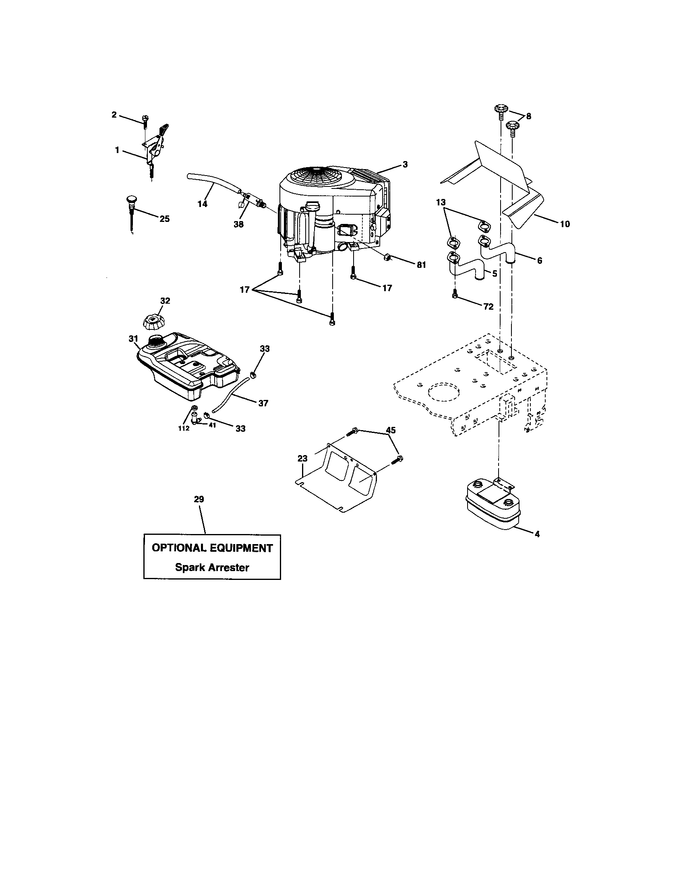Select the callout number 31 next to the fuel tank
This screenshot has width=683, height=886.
133,338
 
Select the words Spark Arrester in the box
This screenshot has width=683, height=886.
212,567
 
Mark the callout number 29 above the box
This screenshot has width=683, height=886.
199,499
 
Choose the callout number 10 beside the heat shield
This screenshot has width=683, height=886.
565,224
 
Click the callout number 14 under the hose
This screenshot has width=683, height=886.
202,204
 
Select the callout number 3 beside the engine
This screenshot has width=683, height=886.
405,164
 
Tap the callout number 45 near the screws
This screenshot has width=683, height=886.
391,430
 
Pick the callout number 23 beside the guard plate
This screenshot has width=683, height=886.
302,458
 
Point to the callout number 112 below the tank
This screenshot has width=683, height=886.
184,429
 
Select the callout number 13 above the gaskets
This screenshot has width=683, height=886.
441,203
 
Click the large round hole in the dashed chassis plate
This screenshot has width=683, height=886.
445,393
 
